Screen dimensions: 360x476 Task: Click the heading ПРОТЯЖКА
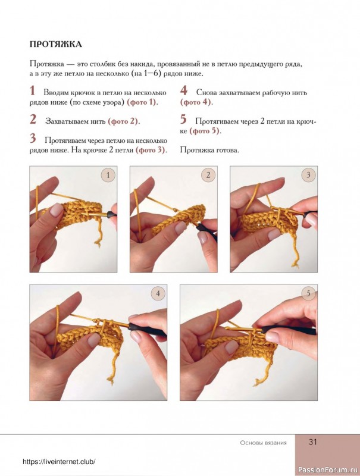coord(56,44)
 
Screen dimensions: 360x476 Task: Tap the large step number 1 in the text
coord(33,91)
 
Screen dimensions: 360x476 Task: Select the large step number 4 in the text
coord(184,91)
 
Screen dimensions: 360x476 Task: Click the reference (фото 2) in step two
coord(124,121)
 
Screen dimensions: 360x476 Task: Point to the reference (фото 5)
coord(205,131)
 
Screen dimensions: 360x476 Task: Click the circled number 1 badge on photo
coord(108,175)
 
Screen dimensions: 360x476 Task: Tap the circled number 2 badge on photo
coord(208,175)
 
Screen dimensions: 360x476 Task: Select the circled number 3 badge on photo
coord(308,175)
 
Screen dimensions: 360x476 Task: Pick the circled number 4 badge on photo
coord(158,293)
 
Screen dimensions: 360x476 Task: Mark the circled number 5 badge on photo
coord(308,293)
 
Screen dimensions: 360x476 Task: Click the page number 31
coord(312,441)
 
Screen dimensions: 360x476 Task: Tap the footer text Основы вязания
coord(263,443)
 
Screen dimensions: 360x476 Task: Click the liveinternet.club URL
coord(59,462)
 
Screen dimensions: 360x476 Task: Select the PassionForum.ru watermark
coord(328,468)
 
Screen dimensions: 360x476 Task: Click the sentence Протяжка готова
coord(209,150)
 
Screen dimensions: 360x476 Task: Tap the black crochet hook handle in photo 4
coord(147,330)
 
